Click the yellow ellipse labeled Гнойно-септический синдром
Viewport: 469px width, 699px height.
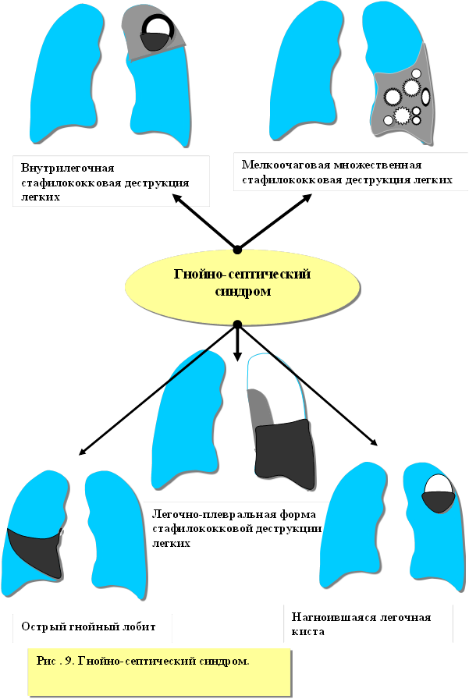tap(242, 284)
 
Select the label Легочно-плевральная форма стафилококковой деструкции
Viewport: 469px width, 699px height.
tap(233, 527)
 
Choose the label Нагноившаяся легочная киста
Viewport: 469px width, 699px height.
tap(366, 624)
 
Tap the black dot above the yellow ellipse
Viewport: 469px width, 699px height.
tap(237, 249)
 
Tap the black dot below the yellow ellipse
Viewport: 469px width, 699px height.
tap(237, 324)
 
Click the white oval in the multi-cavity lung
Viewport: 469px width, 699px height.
tap(425, 98)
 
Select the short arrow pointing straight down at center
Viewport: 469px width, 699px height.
tap(237, 353)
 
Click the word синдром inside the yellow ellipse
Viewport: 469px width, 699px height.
tap(242, 292)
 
